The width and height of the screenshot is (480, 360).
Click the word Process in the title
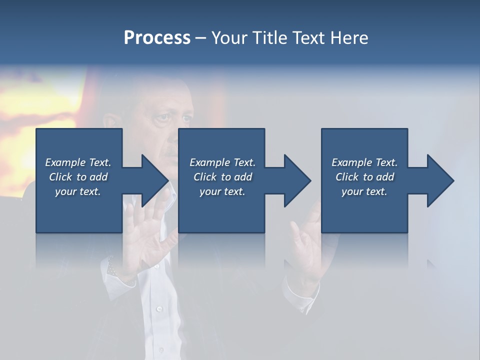[157, 38]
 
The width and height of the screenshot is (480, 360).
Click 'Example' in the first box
[65, 162]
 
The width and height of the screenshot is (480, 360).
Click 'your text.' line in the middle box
[222, 191]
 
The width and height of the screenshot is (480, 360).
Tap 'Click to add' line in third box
[364, 177]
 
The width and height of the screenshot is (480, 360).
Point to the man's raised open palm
[145, 235]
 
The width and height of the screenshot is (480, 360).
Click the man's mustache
[170, 150]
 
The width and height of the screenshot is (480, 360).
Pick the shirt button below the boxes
[159, 308]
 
